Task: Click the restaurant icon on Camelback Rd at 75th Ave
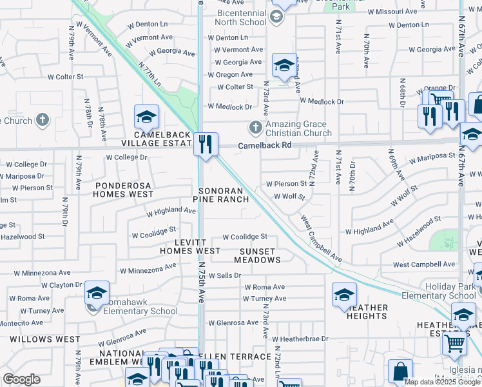206,143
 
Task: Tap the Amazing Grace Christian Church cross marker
256,127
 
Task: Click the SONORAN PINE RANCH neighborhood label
223,195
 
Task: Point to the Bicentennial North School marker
277,17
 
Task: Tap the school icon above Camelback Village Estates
146,117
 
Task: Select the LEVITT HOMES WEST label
190,246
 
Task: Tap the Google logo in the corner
22,379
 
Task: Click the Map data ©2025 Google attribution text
442,382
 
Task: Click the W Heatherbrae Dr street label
300,339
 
